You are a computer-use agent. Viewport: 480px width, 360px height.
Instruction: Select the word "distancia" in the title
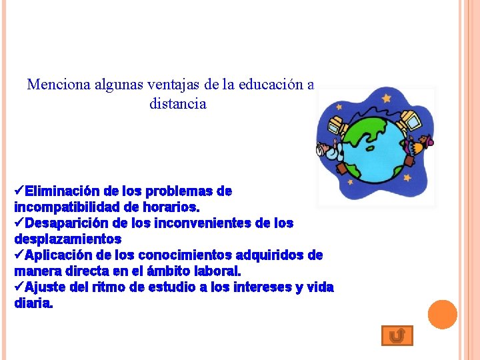178,104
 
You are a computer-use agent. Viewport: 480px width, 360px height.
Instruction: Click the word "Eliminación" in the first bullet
61,191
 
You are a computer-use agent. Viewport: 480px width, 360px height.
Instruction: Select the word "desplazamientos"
67,239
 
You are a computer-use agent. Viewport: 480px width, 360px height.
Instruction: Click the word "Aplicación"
61,255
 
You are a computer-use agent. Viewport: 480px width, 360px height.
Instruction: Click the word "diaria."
33,303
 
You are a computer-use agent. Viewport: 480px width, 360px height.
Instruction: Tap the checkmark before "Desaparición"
19,223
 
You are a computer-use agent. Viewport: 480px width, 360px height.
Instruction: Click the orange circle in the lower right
442,314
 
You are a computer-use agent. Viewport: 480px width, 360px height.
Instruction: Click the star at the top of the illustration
386,98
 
